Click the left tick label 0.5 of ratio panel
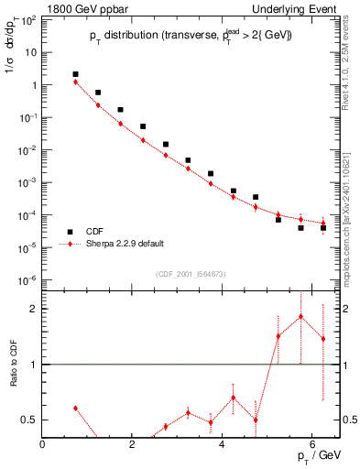[x=29, y=420]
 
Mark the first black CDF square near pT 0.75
[x=76, y=74]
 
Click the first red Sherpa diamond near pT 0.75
[x=76, y=82]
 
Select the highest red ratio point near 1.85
[x=300, y=317]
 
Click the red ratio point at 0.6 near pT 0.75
[x=76, y=408]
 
